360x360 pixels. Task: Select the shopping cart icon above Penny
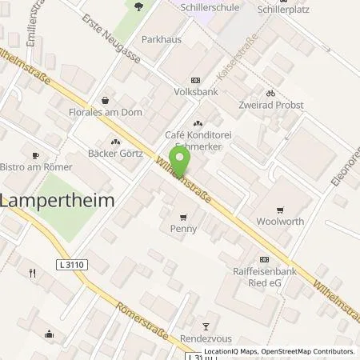[183, 216]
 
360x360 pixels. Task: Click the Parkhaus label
[157, 39]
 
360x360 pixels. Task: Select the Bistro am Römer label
[36, 167]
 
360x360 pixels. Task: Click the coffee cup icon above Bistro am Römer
[34, 155]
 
